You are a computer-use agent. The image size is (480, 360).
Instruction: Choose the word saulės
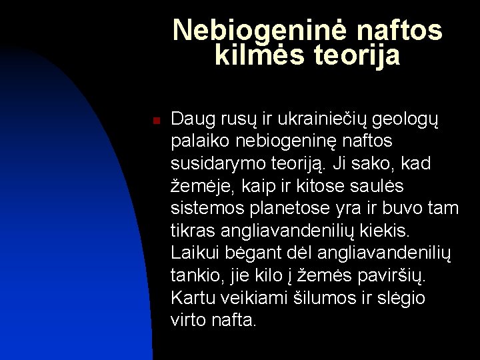(x=401, y=186)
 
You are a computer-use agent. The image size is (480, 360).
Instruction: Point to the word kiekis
(x=387, y=230)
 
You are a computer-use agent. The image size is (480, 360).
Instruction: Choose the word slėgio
(x=400, y=297)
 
